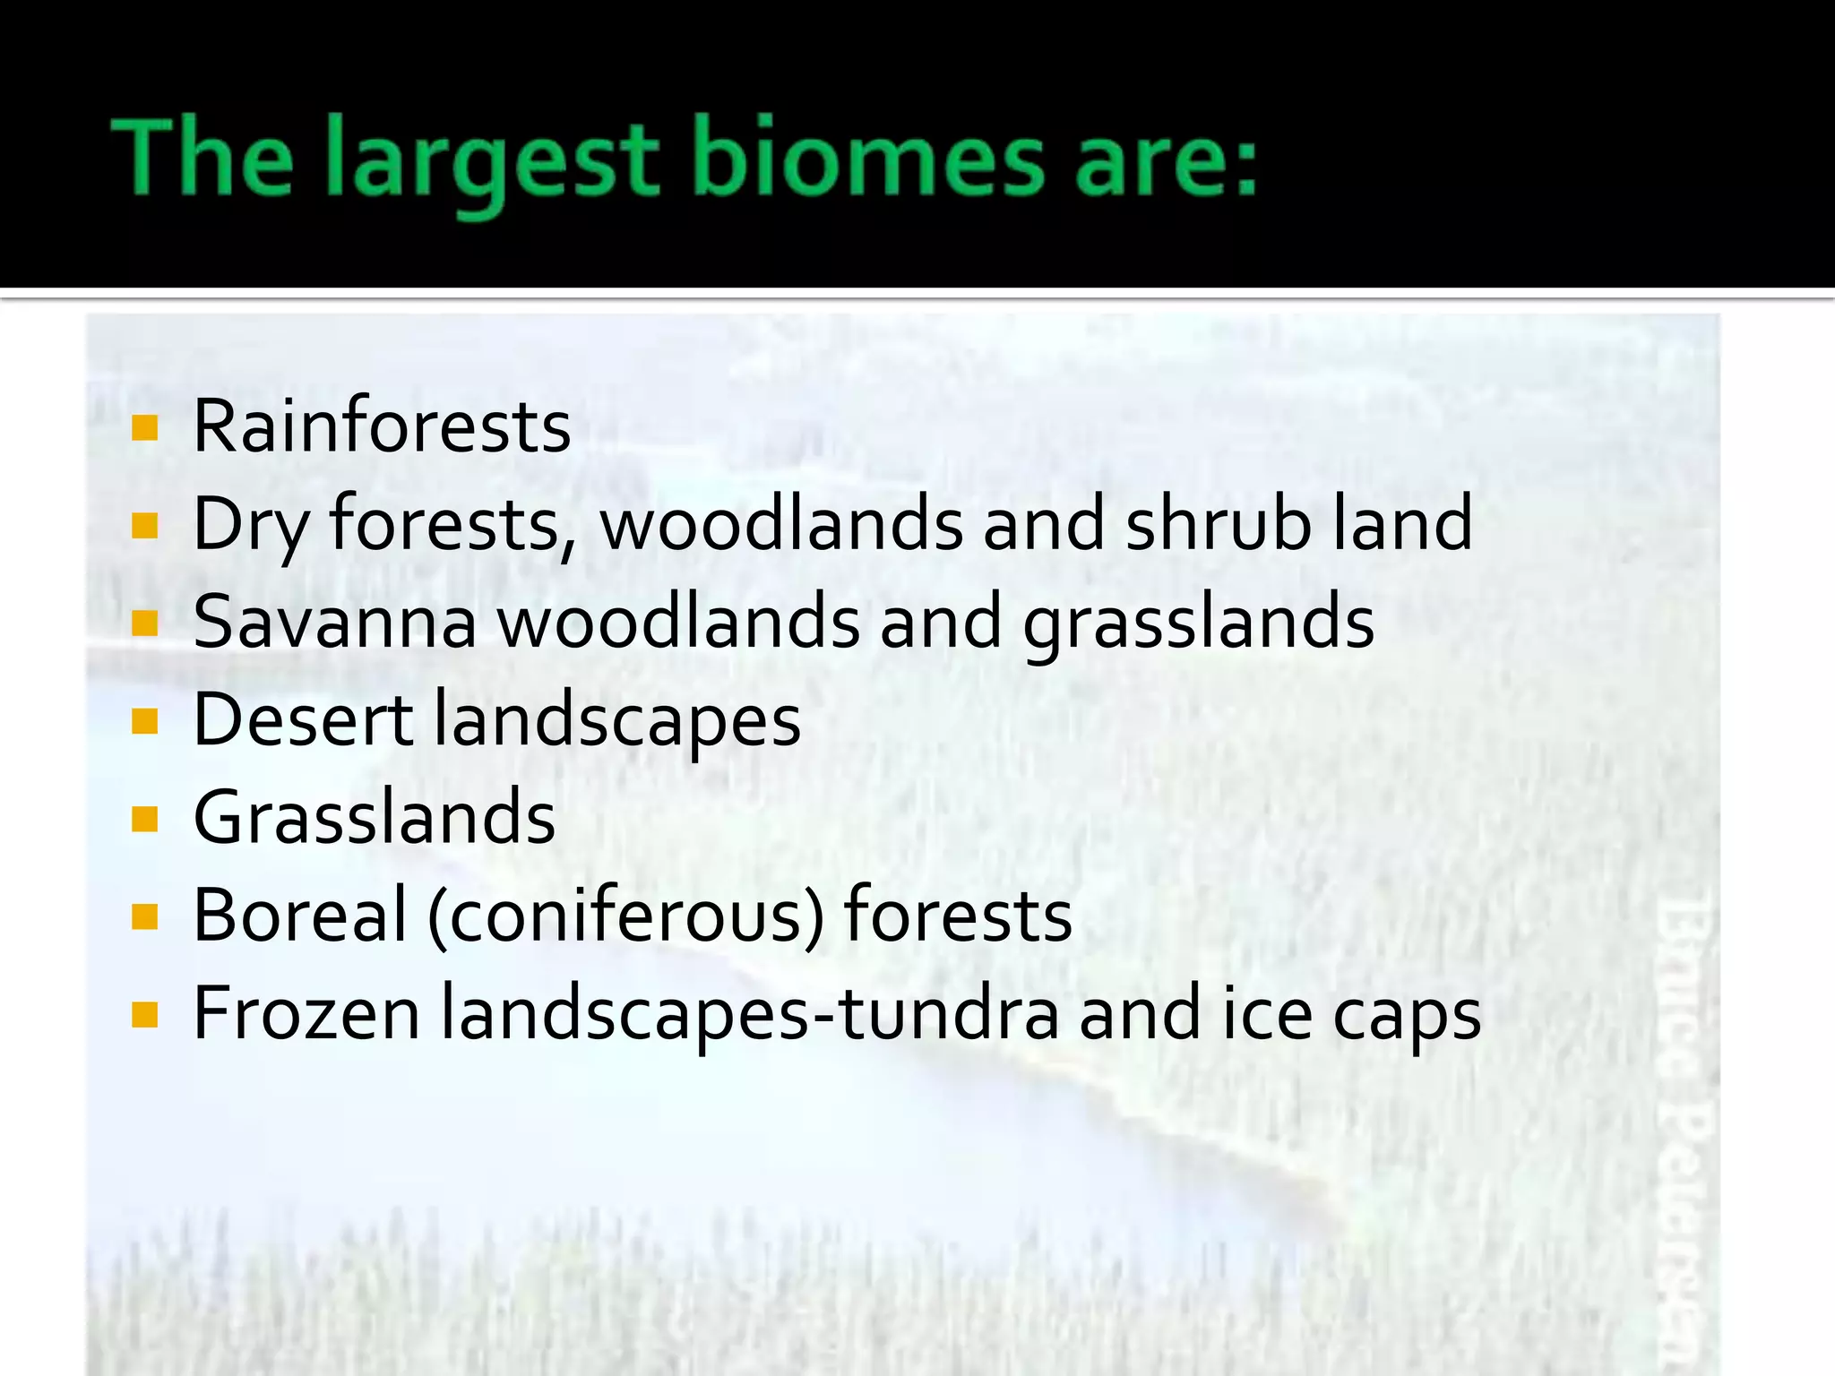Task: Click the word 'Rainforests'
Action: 382,426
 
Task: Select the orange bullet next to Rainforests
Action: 144,428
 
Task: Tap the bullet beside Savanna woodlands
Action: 144,623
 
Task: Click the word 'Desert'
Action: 303,720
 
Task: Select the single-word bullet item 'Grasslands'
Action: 375,818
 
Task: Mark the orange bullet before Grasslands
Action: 144,819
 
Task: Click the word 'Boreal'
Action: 300,916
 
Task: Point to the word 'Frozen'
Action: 306,1014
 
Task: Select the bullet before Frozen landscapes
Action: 144,1015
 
